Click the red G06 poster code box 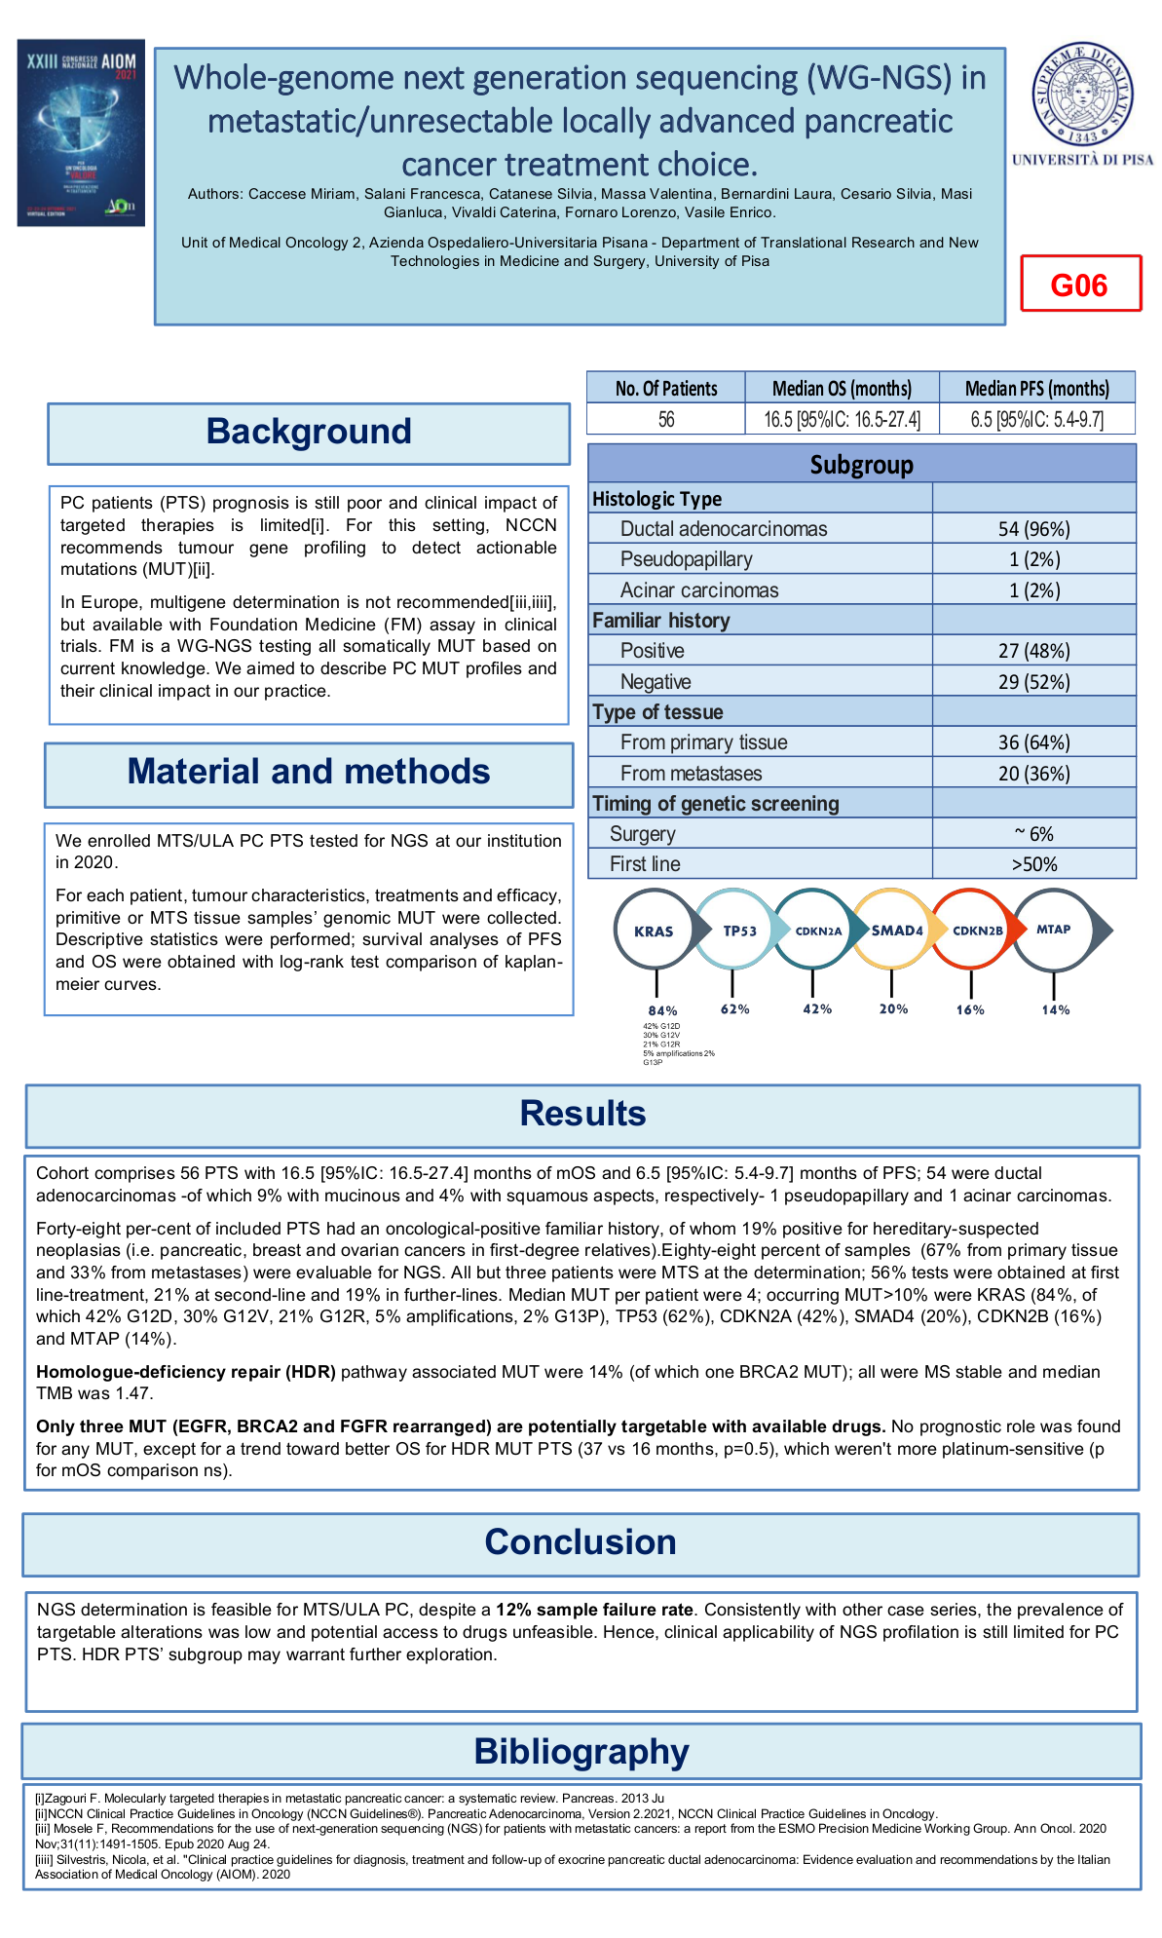click(x=1080, y=284)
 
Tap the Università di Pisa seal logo click(x=1082, y=95)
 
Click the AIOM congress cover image click(x=81, y=133)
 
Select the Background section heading click(x=309, y=433)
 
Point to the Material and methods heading click(x=309, y=773)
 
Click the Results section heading click(x=582, y=1114)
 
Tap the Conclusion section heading click(x=581, y=1542)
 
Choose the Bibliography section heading click(x=581, y=1751)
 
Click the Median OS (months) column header click(x=842, y=388)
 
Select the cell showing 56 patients click(x=666, y=420)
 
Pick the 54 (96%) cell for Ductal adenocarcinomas click(x=1033, y=529)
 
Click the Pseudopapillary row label click(x=686, y=559)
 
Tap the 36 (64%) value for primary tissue click(x=1033, y=742)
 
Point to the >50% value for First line click(x=1033, y=864)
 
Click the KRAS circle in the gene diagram click(x=654, y=931)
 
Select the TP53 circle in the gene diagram click(x=739, y=931)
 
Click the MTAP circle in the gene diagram click(x=1053, y=930)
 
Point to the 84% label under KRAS click(x=662, y=1010)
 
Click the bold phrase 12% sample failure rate click(x=594, y=1610)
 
